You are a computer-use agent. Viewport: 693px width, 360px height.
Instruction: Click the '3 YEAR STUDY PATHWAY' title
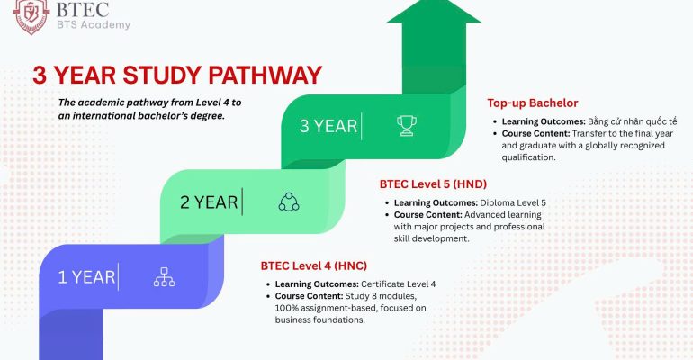[x=176, y=74]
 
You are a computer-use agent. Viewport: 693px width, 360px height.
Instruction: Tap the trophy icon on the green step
[x=407, y=126]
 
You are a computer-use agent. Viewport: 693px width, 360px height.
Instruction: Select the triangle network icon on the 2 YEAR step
[x=288, y=202]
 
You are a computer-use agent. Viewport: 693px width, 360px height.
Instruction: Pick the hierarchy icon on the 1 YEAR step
[x=164, y=277]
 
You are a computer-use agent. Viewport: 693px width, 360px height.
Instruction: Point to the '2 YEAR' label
[x=210, y=202]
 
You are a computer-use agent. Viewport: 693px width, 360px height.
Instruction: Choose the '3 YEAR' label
[x=328, y=126]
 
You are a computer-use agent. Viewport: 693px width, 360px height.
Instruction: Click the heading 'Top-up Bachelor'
[x=533, y=103]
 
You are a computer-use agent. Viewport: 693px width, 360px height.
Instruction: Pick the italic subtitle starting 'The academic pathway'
[x=148, y=109]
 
